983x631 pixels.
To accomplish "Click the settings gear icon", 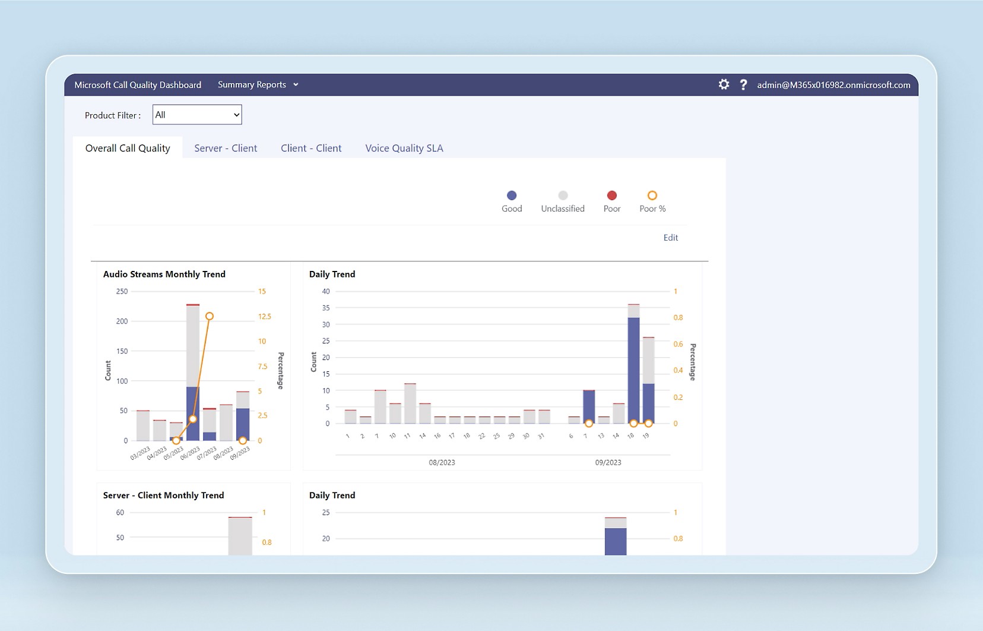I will [724, 84].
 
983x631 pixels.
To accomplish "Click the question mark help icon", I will [743, 85].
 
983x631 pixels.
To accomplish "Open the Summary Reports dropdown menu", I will [258, 85].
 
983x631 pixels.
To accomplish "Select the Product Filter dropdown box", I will [197, 115].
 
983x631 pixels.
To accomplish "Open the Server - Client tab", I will [226, 148].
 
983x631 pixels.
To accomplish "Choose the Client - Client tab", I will [311, 148].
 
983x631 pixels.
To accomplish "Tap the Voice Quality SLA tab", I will [404, 148].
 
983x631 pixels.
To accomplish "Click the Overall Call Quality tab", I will [128, 148].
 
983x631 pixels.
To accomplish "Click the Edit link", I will [670, 238].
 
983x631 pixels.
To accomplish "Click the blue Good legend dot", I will [512, 195].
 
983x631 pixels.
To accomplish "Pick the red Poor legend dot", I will [612, 195].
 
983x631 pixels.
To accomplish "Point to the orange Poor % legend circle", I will [652, 195].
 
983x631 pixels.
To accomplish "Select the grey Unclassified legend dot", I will [563, 195].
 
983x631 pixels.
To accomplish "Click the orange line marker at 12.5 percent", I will [210, 316].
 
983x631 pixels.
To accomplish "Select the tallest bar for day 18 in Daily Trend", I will [633, 368].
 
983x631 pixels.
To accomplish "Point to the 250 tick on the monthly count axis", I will [122, 292].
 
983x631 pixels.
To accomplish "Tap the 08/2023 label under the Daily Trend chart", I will [442, 462].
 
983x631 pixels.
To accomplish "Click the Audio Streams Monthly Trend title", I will [164, 274].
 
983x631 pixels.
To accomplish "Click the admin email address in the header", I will [833, 85].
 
